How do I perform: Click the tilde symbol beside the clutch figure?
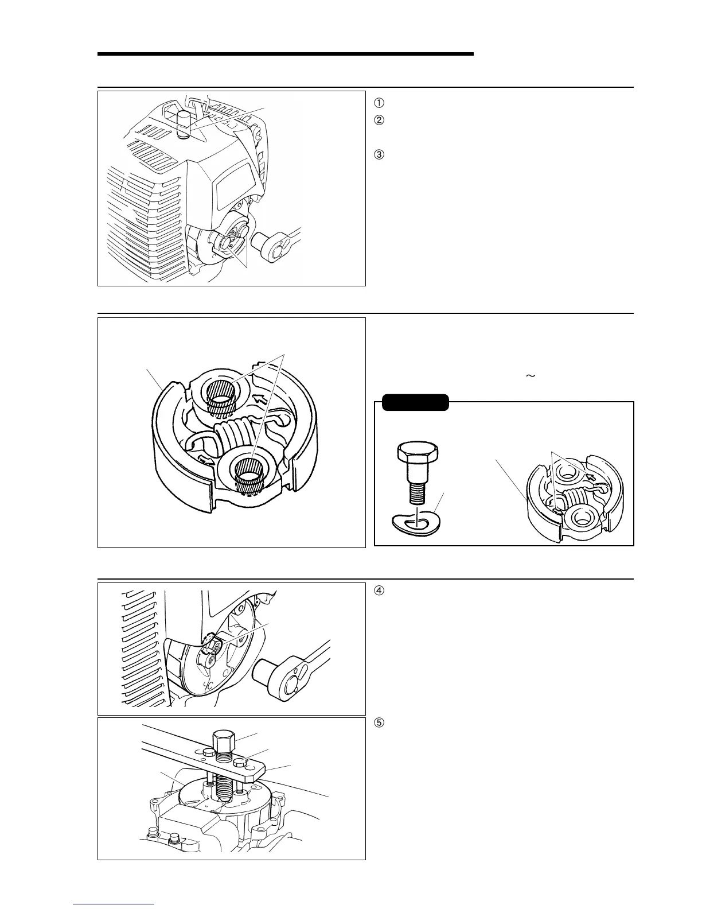pos(529,376)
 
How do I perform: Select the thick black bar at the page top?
pos(285,54)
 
